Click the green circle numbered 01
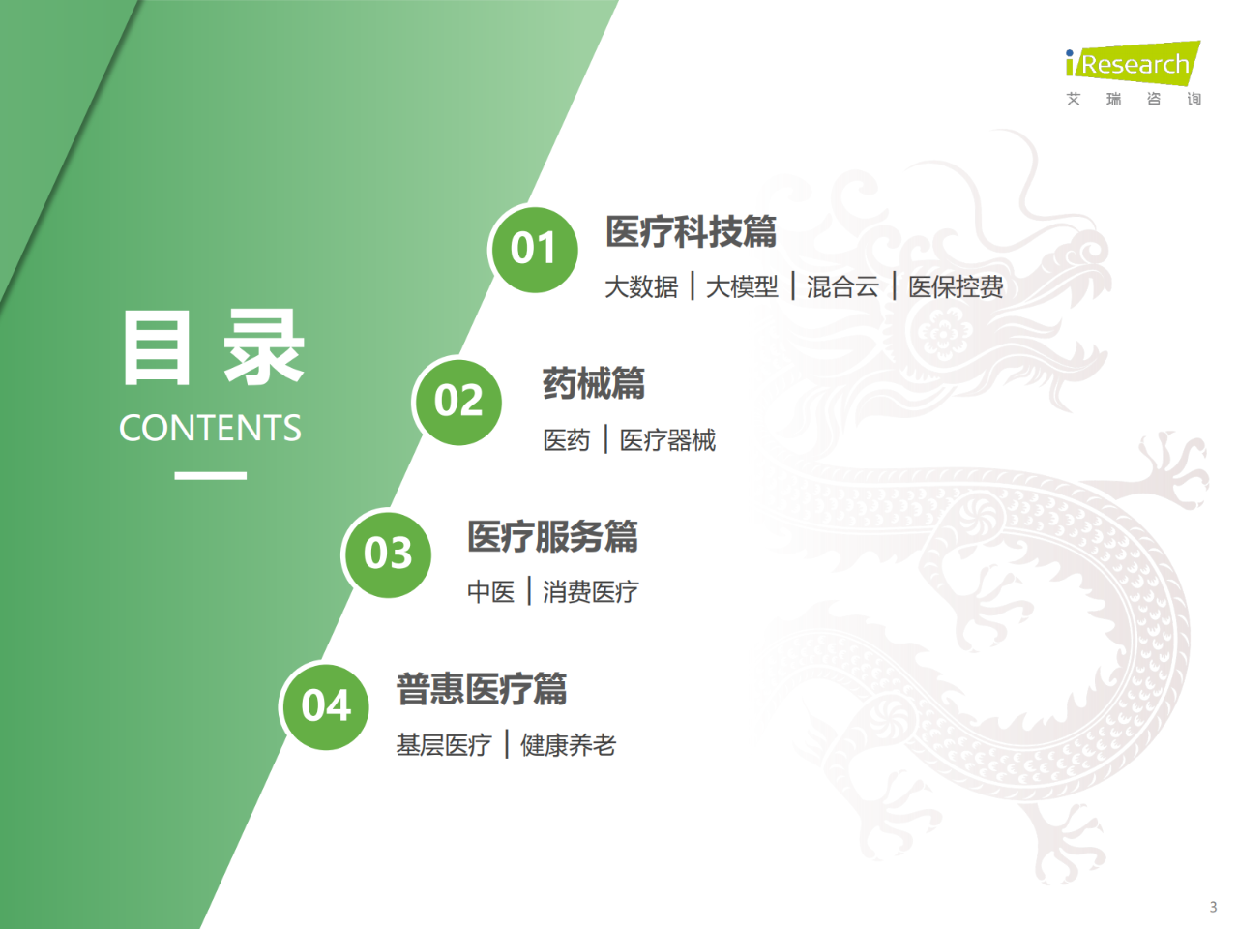(x=534, y=249)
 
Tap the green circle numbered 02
(x=458, y=402)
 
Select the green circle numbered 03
(x=388, y=554)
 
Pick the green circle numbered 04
(x=326, y=705)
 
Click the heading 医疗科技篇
(x=691, y=232)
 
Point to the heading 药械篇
(x=593, y=384)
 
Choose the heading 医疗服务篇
(x=552, y=536)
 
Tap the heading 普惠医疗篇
(x=481, y=689)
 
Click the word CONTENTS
(x=210, y=428)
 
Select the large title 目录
(x=213, y=348)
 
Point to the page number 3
(x=1213, y=907)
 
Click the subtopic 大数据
(x=641, y=287)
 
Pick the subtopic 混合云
(x=842, y=287)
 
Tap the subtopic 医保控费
(x=956, y=287)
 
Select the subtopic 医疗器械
(x=667, y=440)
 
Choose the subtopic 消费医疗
(x=590, y=592)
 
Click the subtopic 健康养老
(x=568, y=745)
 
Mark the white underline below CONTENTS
(x=210, y=475)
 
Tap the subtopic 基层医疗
(x=444, y=745)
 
